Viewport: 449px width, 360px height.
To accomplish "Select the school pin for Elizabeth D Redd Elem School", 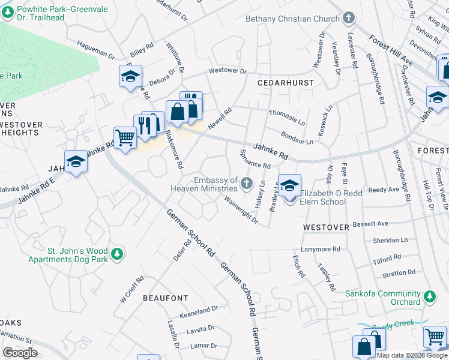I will click(x=289, y=186).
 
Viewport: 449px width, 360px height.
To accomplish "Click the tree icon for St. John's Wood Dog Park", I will click(x=119, y=254).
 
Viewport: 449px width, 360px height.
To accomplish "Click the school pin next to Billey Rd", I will click(x=130, y=77).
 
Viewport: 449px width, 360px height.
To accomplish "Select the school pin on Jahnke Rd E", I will click(x=76, y=162).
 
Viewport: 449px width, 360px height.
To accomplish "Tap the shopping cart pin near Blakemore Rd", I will click(x=124, y=138).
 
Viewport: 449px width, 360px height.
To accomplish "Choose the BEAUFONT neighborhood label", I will click(x=165, y=298).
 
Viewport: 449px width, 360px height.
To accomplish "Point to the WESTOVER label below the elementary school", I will click(x=326, y=227).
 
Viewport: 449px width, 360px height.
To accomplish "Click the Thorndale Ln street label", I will click(x=287, y=113).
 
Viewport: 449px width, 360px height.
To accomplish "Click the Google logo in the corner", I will click(x=20, y=352).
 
